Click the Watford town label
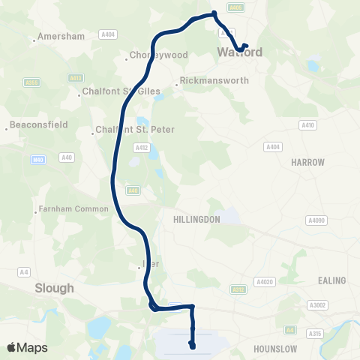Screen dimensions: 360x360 pos(240,52)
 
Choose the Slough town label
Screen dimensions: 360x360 pos(54,287)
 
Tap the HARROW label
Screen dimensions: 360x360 pos(308,162)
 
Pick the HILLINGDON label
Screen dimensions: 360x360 pos(196,220)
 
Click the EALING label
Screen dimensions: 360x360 pos(332,280)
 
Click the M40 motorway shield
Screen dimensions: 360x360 pos(38,159)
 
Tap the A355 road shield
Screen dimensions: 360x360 pos(31,82)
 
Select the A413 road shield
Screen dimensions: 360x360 pos(74,78)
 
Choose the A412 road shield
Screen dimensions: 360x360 pos(139,148)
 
